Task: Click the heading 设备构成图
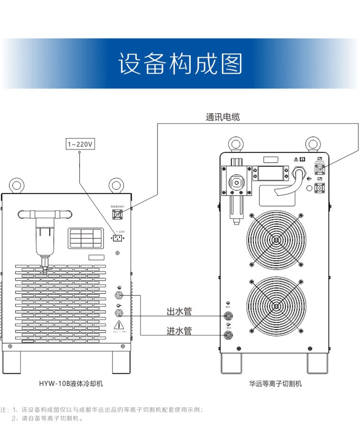(180, 64)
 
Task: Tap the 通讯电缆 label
(222, 117)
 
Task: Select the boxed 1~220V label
(80, 143)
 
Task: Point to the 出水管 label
(179, 312)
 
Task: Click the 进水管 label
(179, 331)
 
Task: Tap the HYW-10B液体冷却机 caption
(71, 384)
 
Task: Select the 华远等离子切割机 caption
(276, 384)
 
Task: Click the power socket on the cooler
(117, 237)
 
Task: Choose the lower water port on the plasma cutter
(228, 334)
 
